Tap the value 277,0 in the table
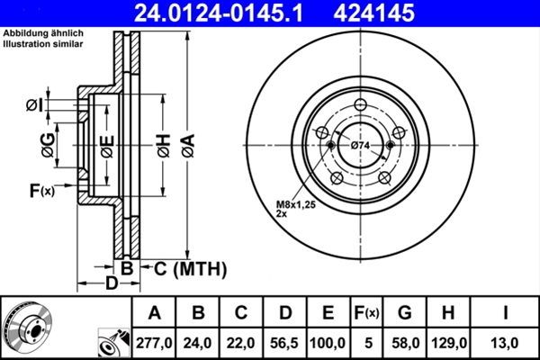coord(155,343)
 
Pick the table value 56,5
coord(285,343)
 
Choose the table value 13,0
coord(506,343)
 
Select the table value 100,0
coord(328,343)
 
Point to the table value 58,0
coord(405,343)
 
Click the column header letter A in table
coord(155,313)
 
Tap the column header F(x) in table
coord(367,313)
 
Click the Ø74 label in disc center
coord(361,146)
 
